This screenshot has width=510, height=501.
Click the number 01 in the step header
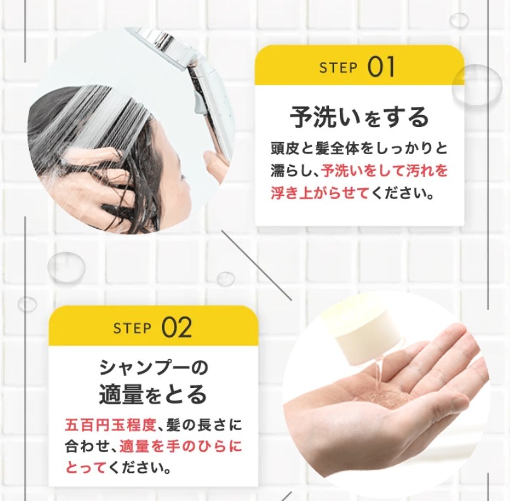pos(381,66)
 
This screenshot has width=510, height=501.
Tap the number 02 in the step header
pos(177,328)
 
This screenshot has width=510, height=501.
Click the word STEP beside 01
pos(339,68)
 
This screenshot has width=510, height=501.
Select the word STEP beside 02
pos(132,329)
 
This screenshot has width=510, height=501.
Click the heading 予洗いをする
pos(359,117)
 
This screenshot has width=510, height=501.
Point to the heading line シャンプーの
pos(153,368)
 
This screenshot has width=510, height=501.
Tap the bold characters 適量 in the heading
pos(121,394)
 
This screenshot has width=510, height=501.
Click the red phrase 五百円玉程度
pos(111,425)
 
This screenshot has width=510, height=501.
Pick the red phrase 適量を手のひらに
pos(180,447)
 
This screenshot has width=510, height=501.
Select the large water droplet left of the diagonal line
pos(66,267)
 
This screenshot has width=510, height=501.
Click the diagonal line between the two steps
pos(257,265)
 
